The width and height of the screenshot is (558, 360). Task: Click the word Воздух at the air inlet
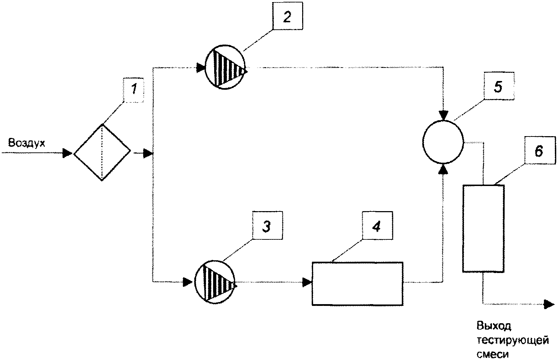point(27,143)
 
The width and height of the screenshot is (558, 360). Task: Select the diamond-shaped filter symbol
point(102,152)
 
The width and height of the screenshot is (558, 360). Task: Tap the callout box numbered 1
point(134,90)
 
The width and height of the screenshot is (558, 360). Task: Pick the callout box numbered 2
point(288,16)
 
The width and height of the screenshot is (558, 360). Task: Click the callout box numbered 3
point(268,225)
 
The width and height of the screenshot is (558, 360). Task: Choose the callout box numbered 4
point(377,225)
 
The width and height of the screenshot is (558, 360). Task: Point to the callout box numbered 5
point(499,86)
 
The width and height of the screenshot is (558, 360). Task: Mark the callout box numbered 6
point(540,150)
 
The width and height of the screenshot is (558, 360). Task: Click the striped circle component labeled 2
point(225,67)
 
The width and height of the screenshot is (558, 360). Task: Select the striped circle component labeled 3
point(215,282)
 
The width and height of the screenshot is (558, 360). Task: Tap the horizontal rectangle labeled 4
point(358,284)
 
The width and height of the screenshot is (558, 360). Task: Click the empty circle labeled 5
point(443,142)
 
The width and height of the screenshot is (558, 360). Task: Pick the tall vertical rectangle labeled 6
point(483,228)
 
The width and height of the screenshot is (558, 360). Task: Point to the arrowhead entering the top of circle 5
point(444,115)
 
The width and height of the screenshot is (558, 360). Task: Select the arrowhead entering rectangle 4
point(307,282)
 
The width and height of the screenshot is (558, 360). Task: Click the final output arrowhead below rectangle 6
point(549,304)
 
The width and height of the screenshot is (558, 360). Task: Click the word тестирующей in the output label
point(513,341)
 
